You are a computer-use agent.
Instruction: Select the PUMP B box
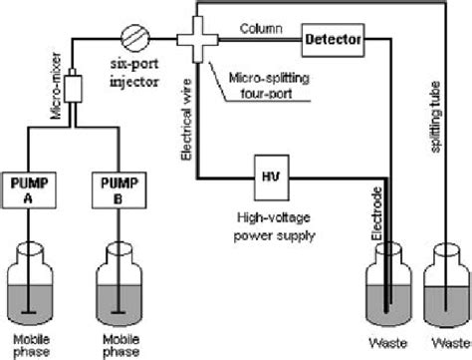(x=118, y=189)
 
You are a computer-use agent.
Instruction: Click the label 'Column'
(x=262, y=29)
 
